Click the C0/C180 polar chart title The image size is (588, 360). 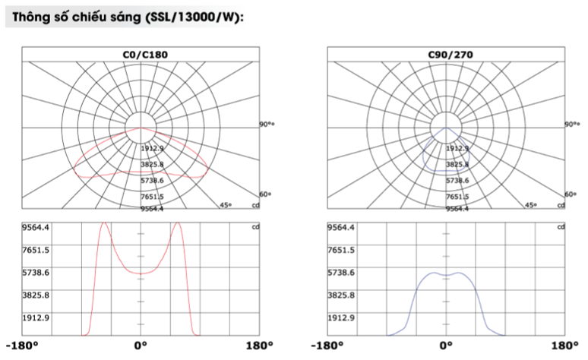pyautogui.click(x=140, y=55)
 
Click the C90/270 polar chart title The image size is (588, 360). pyautogui.click(x=446, y=55)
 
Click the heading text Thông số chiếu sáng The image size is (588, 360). pyautogui.click(x=74, y=19)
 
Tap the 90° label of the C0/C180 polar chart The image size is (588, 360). pyautogui.click(x=266, y=124)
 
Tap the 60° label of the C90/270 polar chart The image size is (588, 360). pyautogui.click(x=571, y=194)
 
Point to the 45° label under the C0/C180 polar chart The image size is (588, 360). pyautogui.click(x=226, y=205)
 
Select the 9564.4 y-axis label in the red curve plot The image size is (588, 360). pyautogui.click(x=35, y=227)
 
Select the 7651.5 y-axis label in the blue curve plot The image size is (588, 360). pyautogui.click(x=340, y=250)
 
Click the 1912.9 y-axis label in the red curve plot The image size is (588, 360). pyautogui.click(x=35, y=317)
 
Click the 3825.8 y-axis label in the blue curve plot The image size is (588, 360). pyautogui.click(x=340, y=295)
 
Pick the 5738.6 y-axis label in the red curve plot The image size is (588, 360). pyautogui.click(x=35, y=272)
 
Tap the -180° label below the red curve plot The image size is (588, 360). pyautogui.click(x=21, y=348)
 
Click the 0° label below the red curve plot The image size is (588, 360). pyautogui.click(x=141, y=348)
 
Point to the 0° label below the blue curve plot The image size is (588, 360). pyautogui.click(x=446, y=348)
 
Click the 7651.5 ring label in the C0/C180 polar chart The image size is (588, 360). pyautogui.click(x=152, y=197)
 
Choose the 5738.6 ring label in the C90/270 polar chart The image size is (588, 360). pyautogui.click(x=457, y=181)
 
